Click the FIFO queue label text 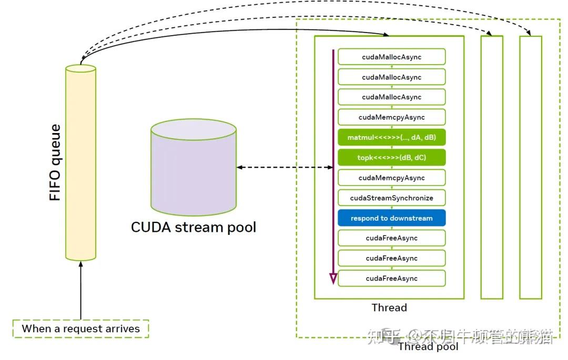[x=55, y=162]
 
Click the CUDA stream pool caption [x=194, y=228]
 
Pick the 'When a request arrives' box [x=80, y=329]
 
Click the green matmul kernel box [x=392, y=137]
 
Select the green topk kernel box [x=392, y=157]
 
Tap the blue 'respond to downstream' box [x=392, y=218]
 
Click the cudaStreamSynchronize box [x=392, y=198]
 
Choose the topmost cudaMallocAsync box [x=392, y=57]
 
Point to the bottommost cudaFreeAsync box [x=392, y=278]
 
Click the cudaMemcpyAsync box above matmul [x=392, y=117]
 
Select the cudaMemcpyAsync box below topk [x=392, y=178]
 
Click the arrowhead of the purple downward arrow [x=332, y=279]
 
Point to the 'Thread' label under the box [x=389, y=307]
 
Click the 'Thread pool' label [x=428, y=346]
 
